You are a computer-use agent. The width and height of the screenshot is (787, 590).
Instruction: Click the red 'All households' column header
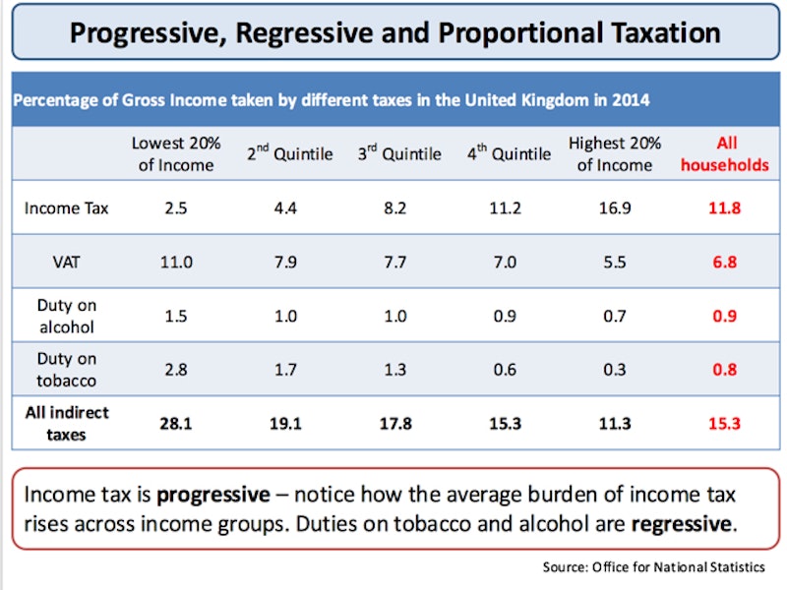(725, 154)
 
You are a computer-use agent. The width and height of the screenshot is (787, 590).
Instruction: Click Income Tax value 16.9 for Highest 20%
(614, 207)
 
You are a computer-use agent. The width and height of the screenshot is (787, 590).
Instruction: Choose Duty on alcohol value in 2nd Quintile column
(289, 317)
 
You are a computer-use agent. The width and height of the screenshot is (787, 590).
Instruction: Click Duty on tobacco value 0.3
(614, 370)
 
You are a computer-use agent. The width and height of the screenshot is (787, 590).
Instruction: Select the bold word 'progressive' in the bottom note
(212, 495)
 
